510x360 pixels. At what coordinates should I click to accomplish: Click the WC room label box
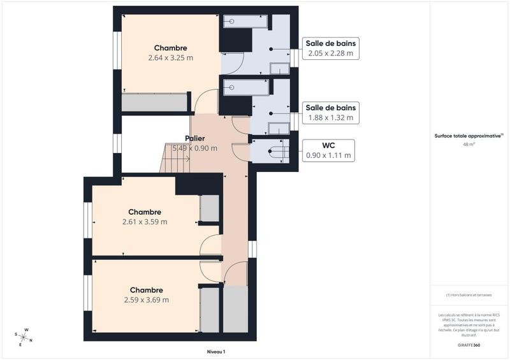[328, 150]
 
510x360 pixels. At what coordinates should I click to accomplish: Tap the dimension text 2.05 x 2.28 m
[331, 54]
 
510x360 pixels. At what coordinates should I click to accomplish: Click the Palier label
[195, 138]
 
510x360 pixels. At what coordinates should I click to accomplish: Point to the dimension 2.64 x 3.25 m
[170, 58]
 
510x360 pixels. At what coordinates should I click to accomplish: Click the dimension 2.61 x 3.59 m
[145, 222]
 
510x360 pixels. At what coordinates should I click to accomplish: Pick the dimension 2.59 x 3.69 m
[147, 300]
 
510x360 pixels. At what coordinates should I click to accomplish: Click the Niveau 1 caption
[216, 351]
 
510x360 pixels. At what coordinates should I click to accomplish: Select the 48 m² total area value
[469, 144]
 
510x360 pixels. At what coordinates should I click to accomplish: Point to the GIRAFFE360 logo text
[469, 343]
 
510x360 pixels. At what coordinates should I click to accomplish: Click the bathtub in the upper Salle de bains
[245, 22]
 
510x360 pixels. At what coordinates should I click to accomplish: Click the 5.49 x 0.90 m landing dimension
[195, 148]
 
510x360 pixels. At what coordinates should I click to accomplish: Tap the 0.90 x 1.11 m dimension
[328, 155]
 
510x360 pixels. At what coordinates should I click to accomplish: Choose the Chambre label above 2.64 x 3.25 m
[170, 48]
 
